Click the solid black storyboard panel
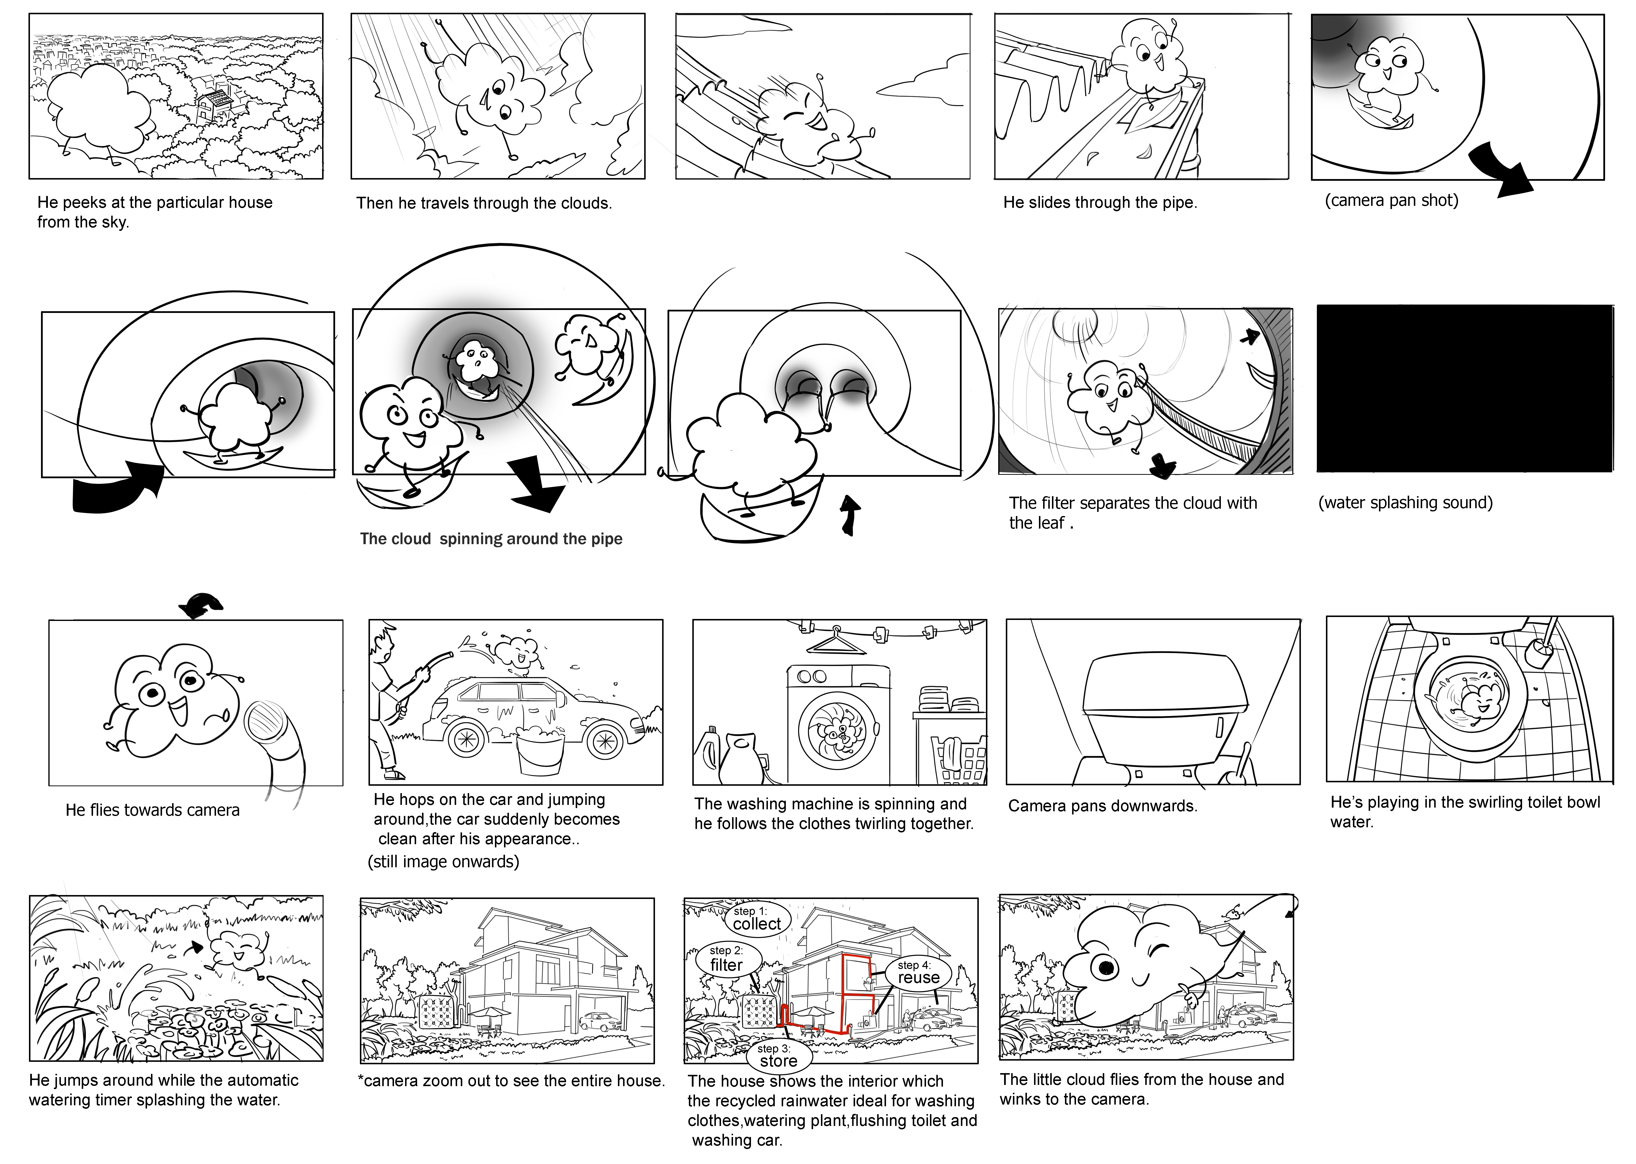(x=1465, y=388)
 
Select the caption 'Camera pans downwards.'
(x=1102, y=806)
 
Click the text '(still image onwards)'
(x=443, y=862)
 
